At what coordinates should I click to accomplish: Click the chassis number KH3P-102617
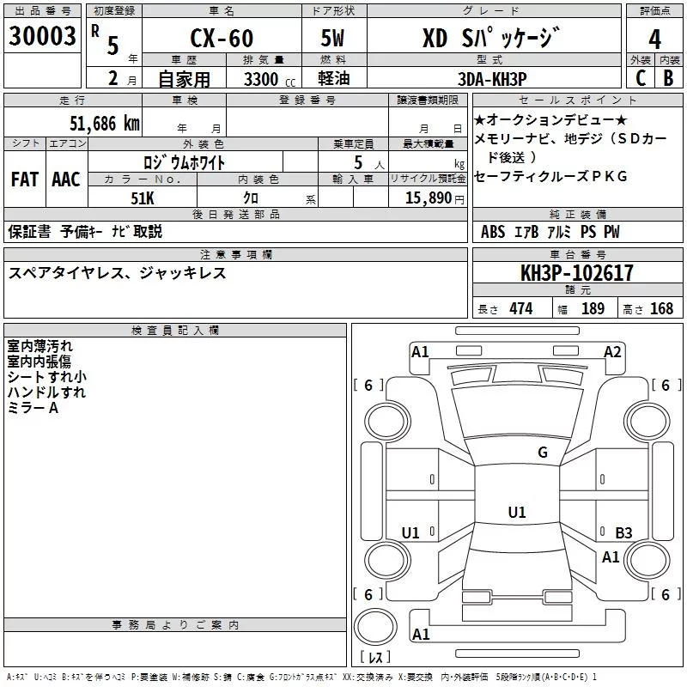[576, 274]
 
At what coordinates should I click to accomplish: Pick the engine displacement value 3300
[260, 79]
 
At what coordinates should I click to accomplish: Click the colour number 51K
[142, 197]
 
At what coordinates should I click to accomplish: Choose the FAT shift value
[25, 179]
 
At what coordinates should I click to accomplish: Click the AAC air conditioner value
[66, 179]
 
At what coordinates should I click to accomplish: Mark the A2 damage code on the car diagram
[612, 352]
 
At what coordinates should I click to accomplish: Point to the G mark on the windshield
[542, 453]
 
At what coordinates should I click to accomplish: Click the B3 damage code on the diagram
[623, 533]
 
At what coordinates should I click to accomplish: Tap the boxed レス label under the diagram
[374, 658]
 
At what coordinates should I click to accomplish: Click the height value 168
[661, 309]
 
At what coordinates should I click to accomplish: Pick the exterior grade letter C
[640, 78]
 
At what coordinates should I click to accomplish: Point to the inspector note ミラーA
[33, 408]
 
